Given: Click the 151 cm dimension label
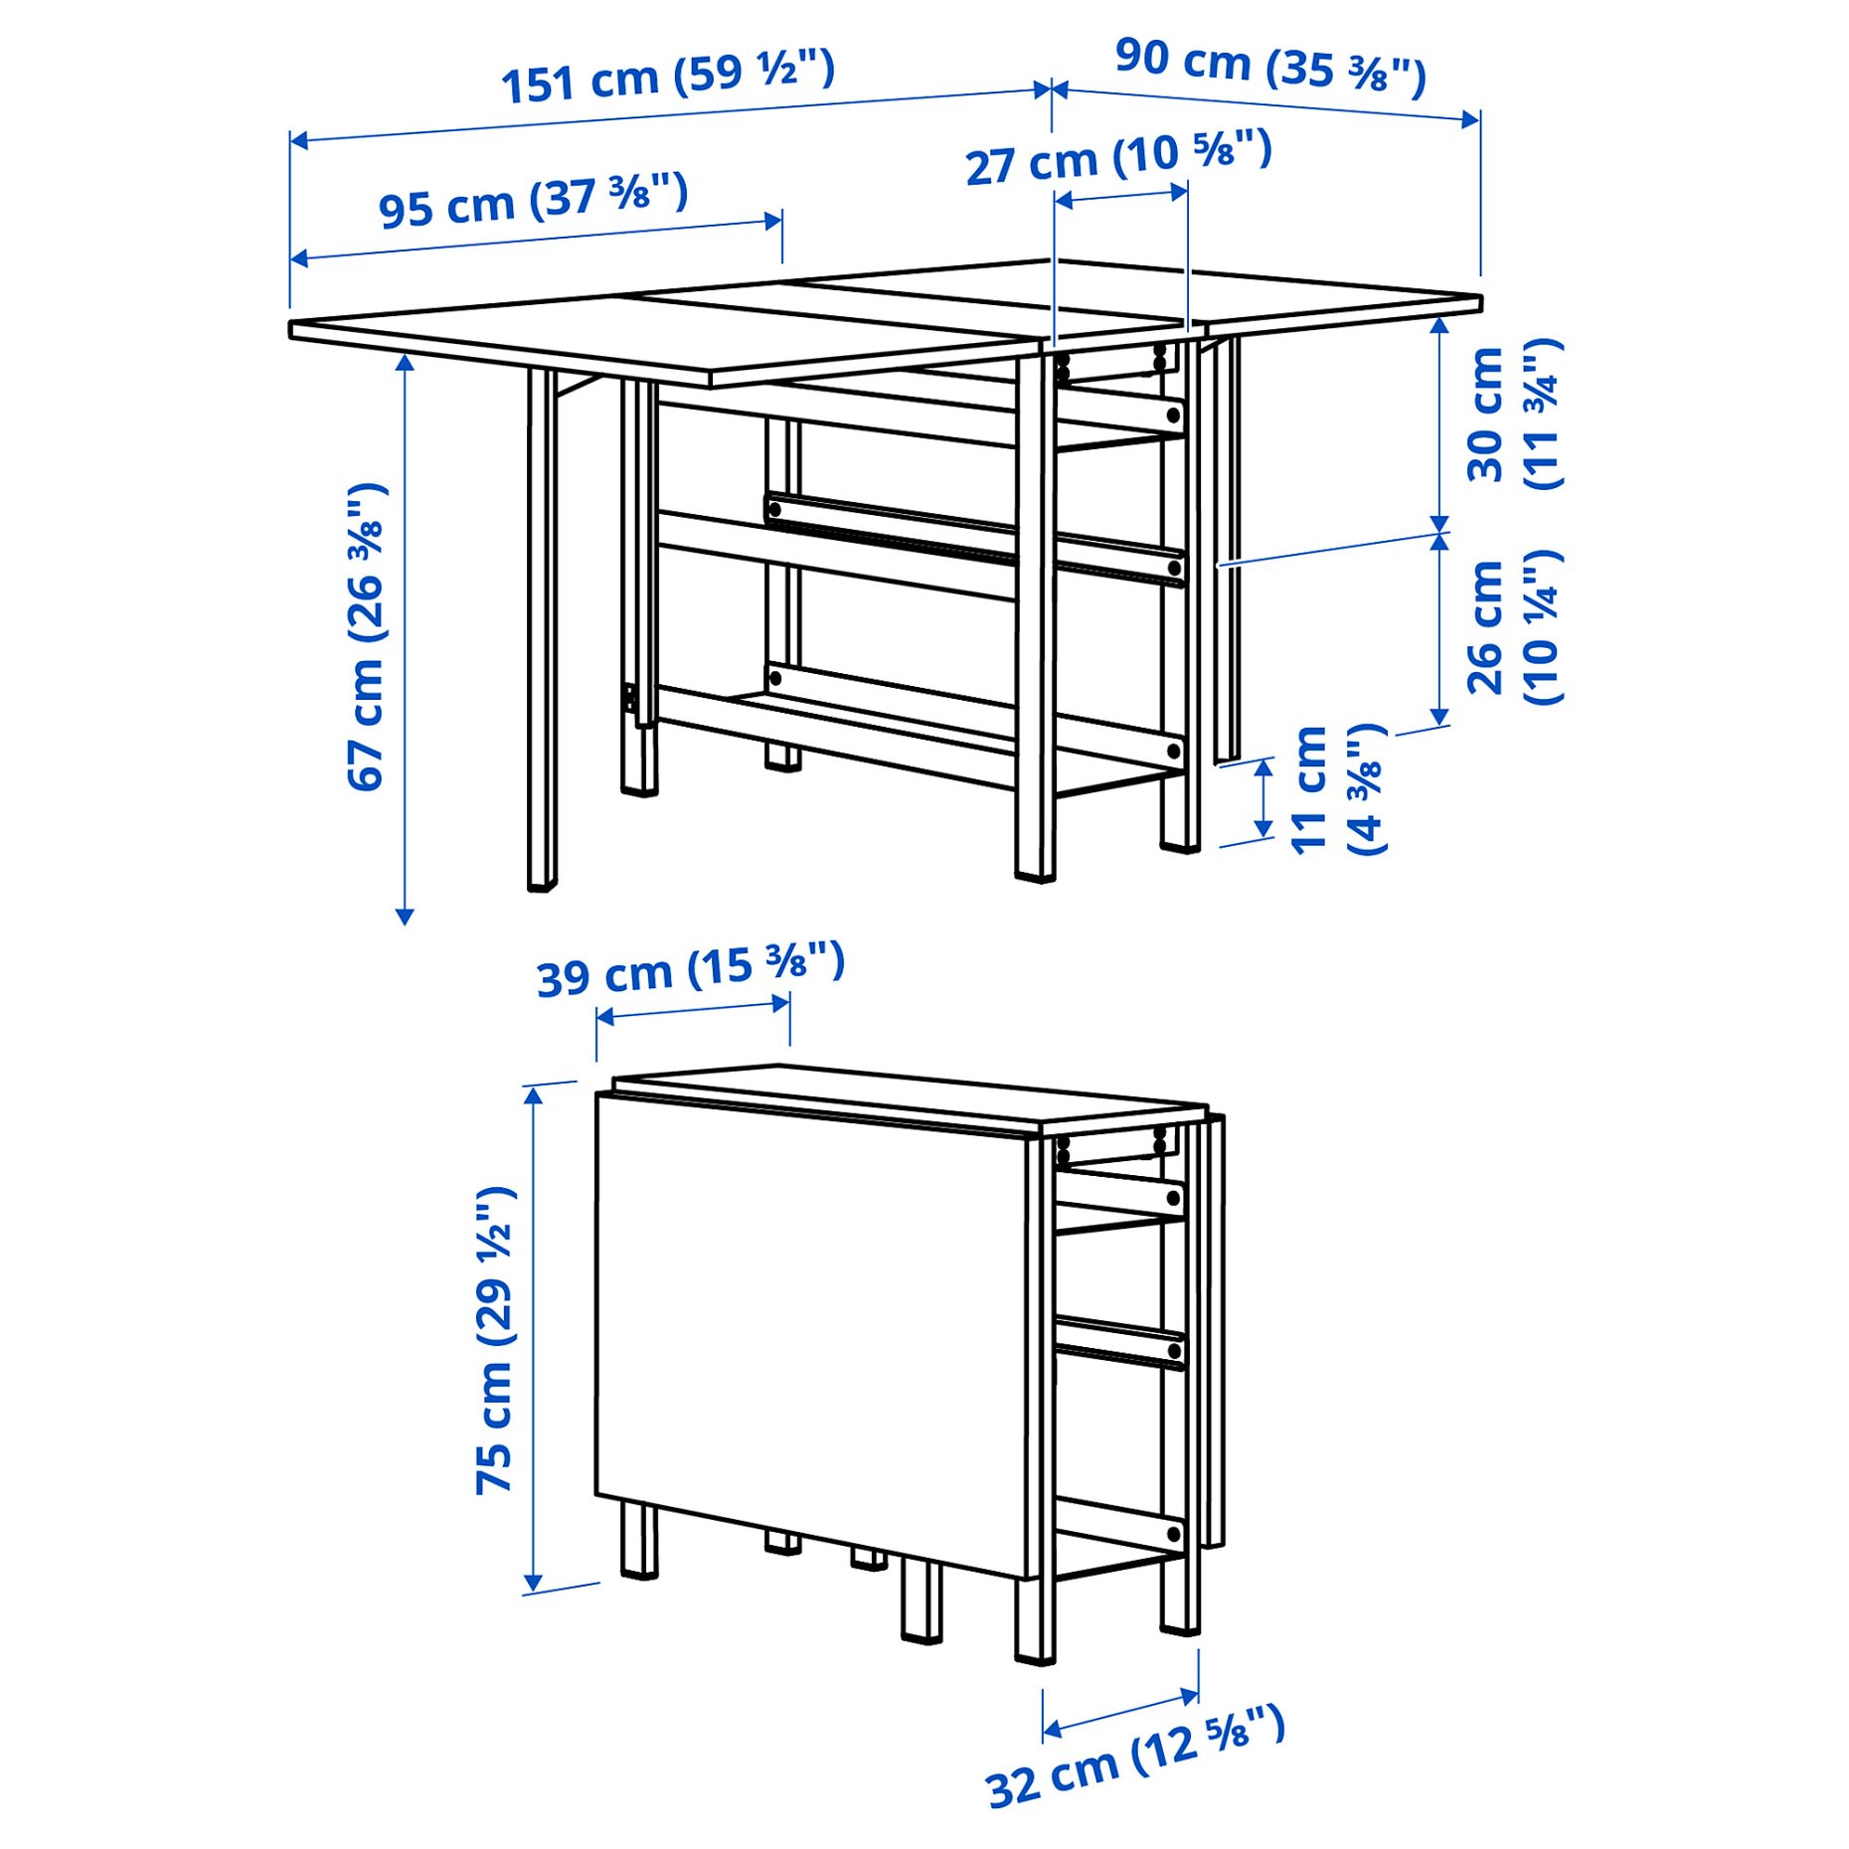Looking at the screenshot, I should (x=667, y=77).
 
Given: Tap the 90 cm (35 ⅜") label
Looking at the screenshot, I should (x=1269, y=66).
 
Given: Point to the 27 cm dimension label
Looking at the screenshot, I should (x=1117, y=158).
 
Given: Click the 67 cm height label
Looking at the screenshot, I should (x=365, y=636).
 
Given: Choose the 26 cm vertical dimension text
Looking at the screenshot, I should (x=1512, y=627).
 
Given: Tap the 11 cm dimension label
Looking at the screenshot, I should (x=1337, y=789).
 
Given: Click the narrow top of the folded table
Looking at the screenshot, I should (x=910, y=1097).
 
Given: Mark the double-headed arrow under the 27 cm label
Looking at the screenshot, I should (x=1120, y=196).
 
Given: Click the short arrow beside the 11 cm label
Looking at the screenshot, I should (x=1263, y=798).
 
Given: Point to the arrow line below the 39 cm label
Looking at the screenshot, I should (x=692, y=1010).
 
